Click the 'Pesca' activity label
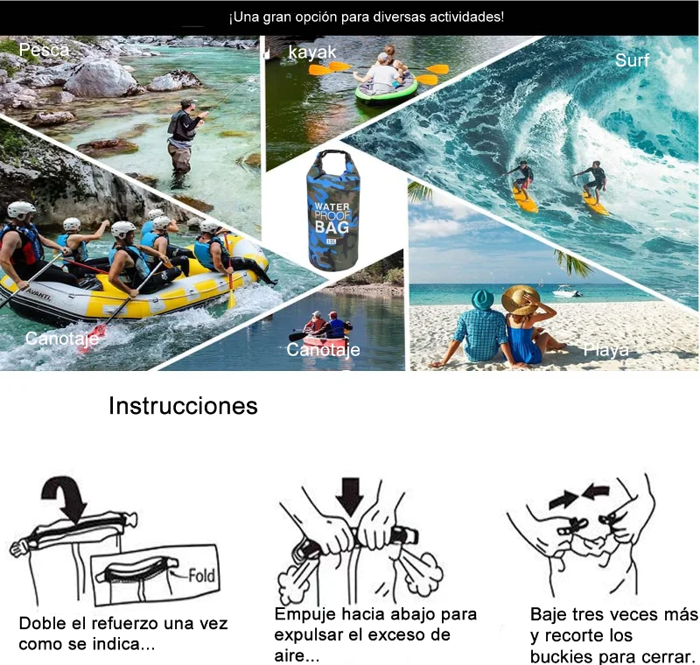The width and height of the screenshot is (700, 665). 45,50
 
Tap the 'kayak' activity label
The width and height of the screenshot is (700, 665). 312,52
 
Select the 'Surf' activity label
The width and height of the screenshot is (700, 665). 632,60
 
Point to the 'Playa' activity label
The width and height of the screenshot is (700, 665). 606,350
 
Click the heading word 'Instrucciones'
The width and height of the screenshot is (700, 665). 183,406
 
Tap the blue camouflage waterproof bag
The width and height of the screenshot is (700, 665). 331,211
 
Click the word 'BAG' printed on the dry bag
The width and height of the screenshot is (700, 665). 332,227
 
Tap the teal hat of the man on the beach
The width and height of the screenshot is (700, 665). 483,299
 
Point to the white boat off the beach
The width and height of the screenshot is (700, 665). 567,291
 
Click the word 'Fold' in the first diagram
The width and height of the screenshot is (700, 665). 201,575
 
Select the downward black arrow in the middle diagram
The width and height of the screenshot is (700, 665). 349,496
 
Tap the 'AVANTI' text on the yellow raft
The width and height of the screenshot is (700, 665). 38,294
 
